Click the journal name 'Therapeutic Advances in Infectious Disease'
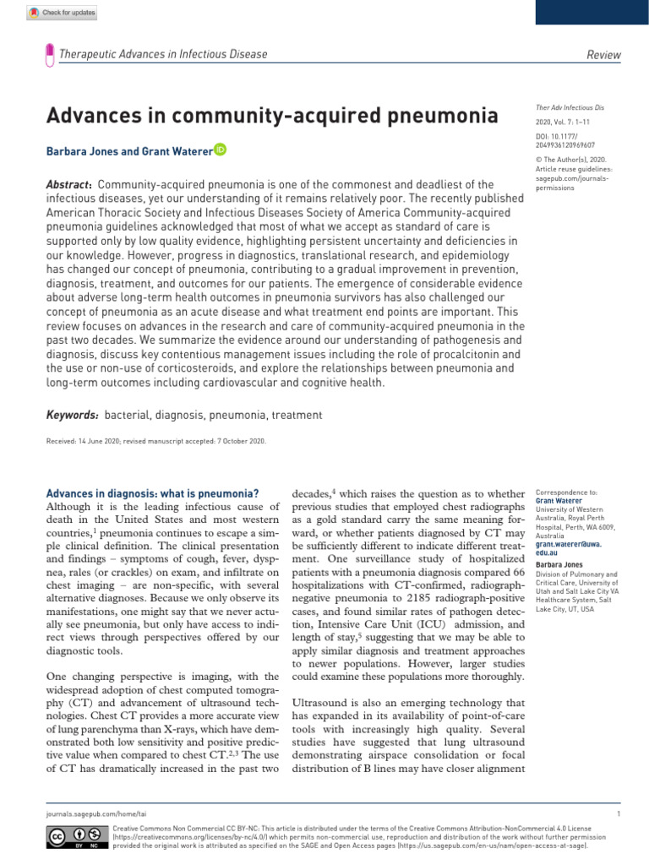(162, 55)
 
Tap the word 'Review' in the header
(603, 55)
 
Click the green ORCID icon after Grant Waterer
(220, 150)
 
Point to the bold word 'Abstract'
(68, 185)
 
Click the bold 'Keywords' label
(73, 415)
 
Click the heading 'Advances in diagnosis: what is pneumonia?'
(151, 493)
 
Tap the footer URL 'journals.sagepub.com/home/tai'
(86, 813)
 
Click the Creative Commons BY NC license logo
(66, 836)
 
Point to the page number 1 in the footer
(619, 813)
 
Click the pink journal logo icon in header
(50, 55)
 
